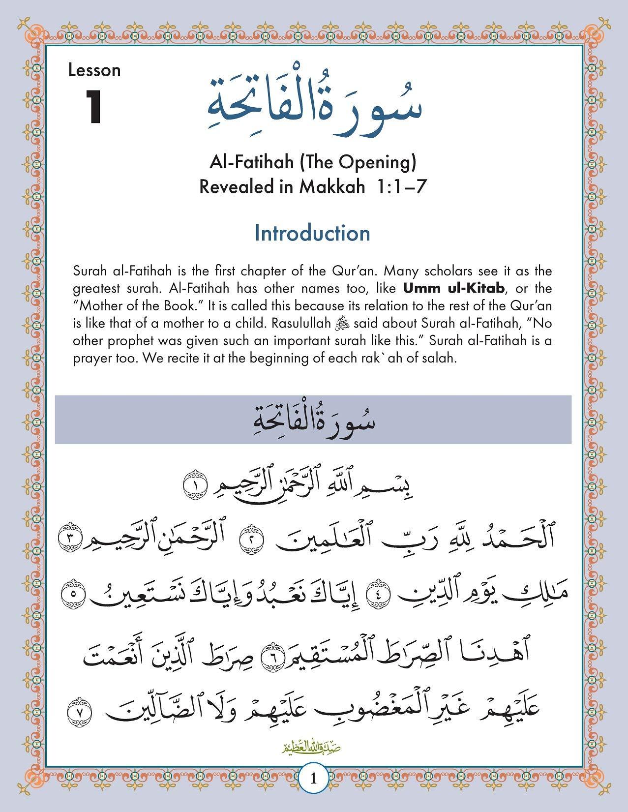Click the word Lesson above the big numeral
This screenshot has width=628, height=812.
pyautogui.click(x=94, y=70)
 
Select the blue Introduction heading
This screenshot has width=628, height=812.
pyautogui.click(x=312, y=233)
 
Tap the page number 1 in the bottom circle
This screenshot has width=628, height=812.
pyautogui.click(x=314, y=793)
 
